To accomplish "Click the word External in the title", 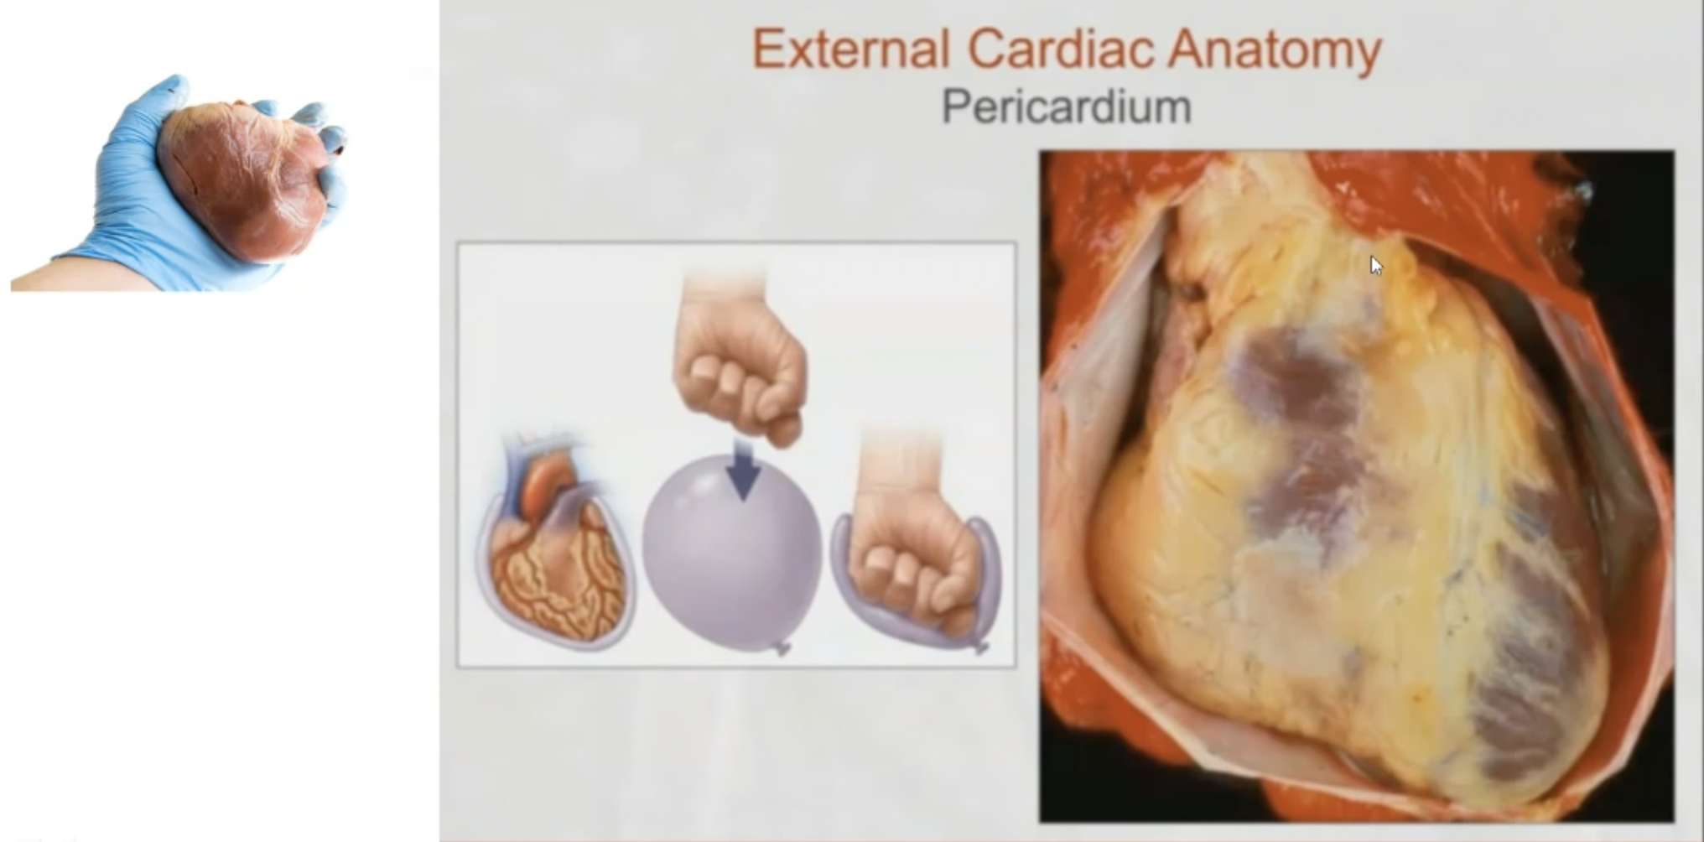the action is pyautogui.click(x=850, y=49).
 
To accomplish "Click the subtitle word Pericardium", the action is pyautogui.click(x=1066, y=107).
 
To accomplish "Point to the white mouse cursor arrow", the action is pyautogui.click(x=1375, y=265).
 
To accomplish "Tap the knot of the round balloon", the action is pyautogui.click(x=782, y=647).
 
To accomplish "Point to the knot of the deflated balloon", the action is pyautogui.click(x=982, y=646).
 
